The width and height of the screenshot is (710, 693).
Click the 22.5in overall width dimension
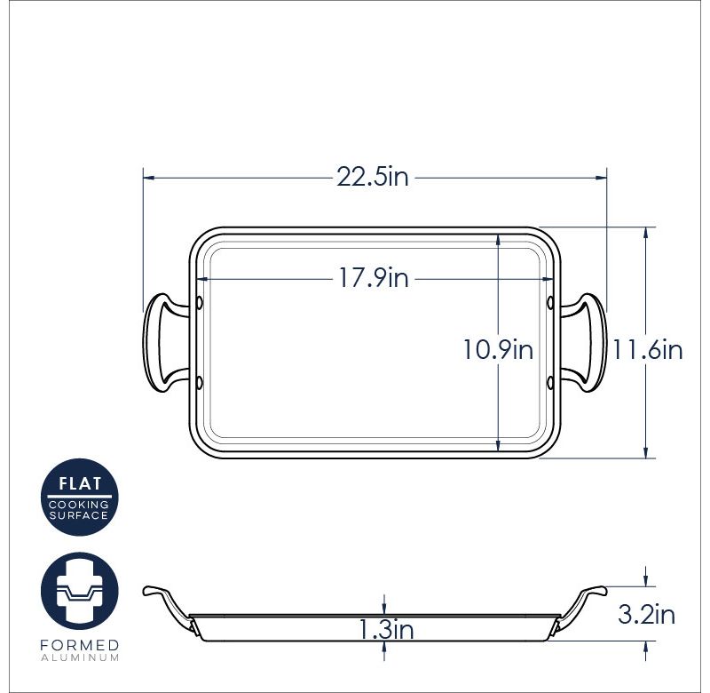point(373,177)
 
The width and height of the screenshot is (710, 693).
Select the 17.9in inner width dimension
point(373,278)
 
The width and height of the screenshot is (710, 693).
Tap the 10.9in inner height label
point(497,350)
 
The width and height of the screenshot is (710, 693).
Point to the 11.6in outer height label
point(647,350)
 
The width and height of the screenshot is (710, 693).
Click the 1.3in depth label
point(386,630)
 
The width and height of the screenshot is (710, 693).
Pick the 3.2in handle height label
point(645,614)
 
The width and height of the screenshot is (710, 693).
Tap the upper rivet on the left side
point(199,304)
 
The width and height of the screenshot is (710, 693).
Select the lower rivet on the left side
point(199,383)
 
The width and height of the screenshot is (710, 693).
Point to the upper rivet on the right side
point(551,304)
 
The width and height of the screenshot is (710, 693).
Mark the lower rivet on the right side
point(551,383)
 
